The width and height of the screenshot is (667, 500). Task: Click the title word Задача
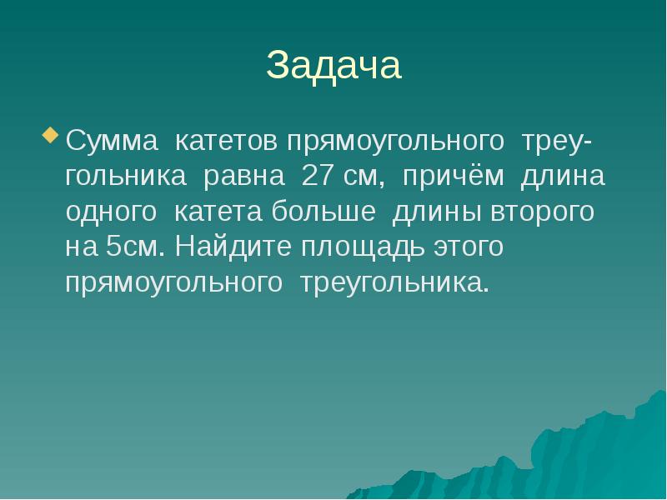tap(333, 66)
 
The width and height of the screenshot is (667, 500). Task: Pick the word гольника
tap(126, 177)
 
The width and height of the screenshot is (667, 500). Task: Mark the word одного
tap(111, 212)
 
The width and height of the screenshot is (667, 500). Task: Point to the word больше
tap(323, 212)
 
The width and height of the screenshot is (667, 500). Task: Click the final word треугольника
tap(389, 282)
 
